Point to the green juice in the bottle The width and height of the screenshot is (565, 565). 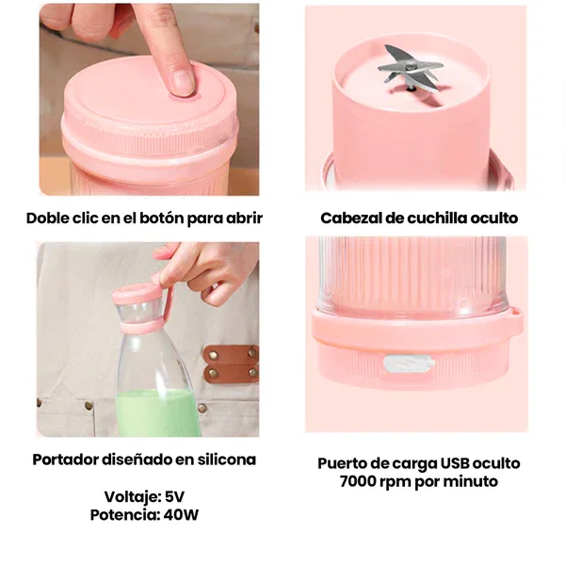pyautogui.click(x=158, y=413)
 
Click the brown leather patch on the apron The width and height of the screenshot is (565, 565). pyautogui.click(x=231, y=363)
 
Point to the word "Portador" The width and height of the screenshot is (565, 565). pyautogui.click(x=65, y=460)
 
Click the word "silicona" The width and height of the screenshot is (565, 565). pyautogui.click(x=227, y=460)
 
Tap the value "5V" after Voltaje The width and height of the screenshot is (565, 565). pyautogui.click(x=174, y=497)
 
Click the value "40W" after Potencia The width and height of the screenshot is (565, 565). pyautogui.click(x=181, y=515)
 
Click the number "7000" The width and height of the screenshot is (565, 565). pyautogui.click(x=358, y=481)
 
